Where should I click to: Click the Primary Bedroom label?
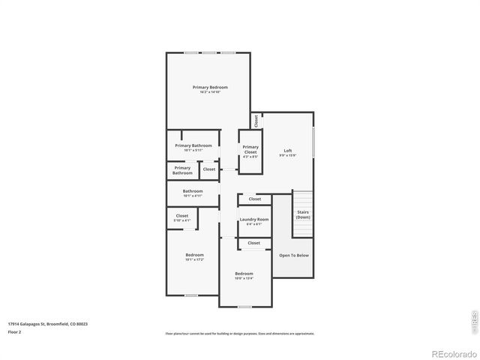point(210,87)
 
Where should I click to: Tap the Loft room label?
point(288,151)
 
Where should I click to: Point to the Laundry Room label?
point(254,219)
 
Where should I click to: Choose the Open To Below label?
point(294,255)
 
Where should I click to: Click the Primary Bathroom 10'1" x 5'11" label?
point(193,145)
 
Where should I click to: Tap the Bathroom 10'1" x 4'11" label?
point(193,191)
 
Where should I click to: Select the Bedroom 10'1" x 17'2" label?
point(194,255)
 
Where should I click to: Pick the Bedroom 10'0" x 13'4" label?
point(244,274)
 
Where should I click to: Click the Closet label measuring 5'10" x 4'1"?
point(182,216)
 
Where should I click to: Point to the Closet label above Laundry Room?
point(255,199)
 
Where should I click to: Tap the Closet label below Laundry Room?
point(254,243)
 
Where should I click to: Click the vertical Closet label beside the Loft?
point(256,120)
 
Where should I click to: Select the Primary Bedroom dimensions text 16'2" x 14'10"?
point(210,91)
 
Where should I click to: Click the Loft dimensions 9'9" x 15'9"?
point(288,155)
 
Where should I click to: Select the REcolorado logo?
point(452,352)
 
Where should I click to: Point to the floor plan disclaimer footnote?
point(240,334)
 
